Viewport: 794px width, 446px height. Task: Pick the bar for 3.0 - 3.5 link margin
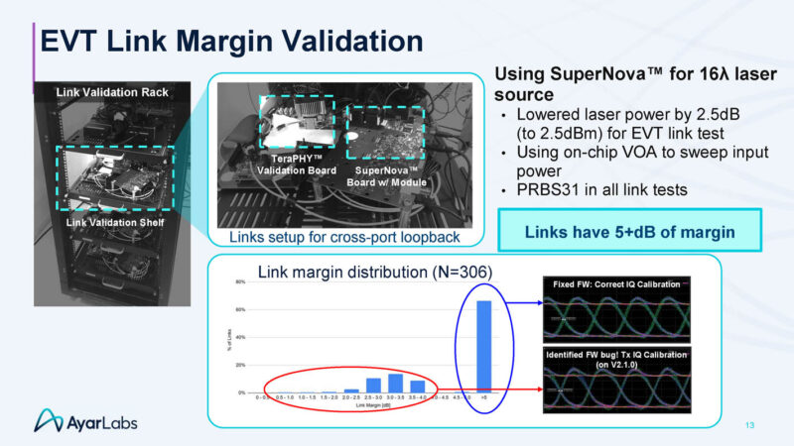pyautogui.click(x=395, y=383)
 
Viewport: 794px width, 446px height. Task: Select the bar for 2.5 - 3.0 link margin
pyautogui.click(x=373, y=385)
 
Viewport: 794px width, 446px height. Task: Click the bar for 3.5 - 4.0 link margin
pyautogui.click(x=417, y=386)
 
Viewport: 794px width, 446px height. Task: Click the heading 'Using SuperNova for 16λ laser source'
pyautogui.click(x=613, y=84)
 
